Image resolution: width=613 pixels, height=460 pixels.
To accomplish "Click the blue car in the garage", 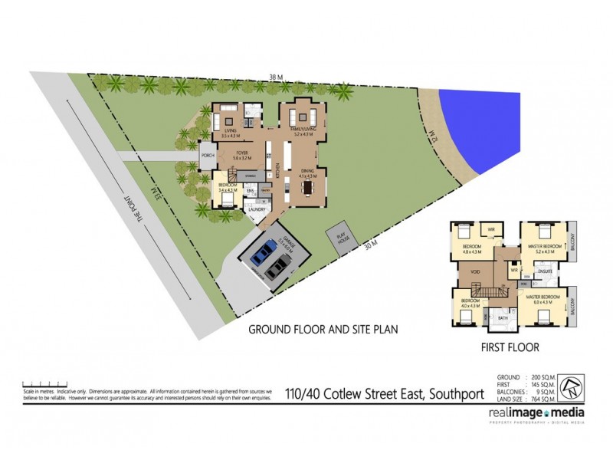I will click(266, 250).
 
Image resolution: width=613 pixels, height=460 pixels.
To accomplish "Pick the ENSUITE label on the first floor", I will click(546, 271).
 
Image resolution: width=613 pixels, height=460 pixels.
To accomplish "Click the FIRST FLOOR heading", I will click(510, 347).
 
